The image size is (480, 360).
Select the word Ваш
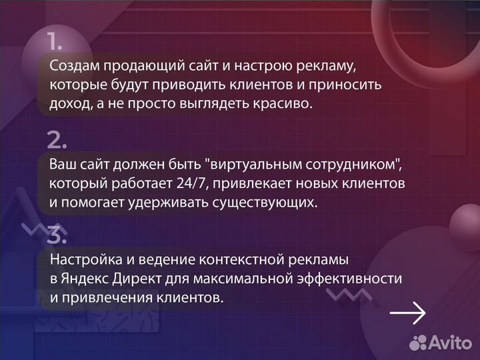pyautogui.click(x=62, y=165)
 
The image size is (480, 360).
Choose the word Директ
pyautogui.click(x=137, y=279)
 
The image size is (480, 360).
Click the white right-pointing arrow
pyautogui.click(x=407, y=313)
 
